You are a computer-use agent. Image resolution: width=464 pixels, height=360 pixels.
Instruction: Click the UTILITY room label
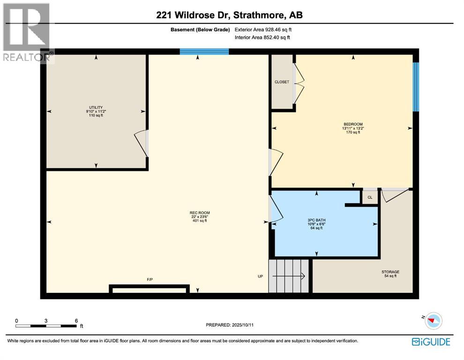[x=96, y=107]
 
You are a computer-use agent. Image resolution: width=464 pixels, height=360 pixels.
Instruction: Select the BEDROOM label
[x=353, y=124]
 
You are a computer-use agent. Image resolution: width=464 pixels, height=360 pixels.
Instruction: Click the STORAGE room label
[x=390, y=272]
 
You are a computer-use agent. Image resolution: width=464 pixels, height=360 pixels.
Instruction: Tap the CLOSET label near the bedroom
[x=282, y=82]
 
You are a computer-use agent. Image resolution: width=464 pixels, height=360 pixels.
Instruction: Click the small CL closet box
[x=370, y=197]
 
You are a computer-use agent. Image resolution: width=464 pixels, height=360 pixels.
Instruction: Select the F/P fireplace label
[x=150, y=280]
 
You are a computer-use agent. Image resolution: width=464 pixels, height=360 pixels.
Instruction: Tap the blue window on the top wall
[x=204, y=52]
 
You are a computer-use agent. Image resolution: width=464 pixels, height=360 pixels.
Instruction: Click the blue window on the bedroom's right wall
[x=415, y=87]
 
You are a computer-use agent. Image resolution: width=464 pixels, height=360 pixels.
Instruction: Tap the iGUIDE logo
[x=431, y=342]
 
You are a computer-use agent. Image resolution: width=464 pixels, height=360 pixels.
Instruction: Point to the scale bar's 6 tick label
[x=76, y=321]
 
